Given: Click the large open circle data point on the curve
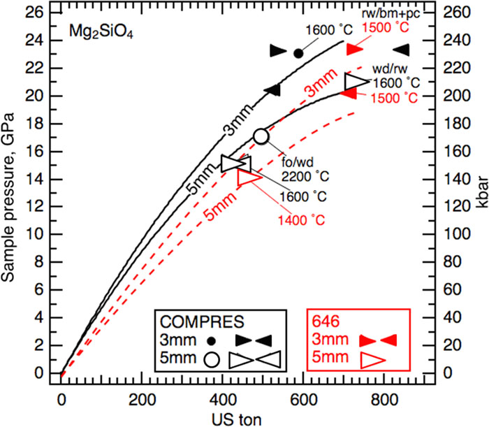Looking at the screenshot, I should [261, 136].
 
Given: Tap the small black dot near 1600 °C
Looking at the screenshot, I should [298, 53].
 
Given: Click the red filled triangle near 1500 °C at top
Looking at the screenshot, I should [354, 50].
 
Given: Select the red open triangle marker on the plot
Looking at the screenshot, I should [249, 178].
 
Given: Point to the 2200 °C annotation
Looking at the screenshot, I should [303, 176].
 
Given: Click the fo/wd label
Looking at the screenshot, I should [293, 164].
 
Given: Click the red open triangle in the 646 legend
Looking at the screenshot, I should [370, 360].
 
